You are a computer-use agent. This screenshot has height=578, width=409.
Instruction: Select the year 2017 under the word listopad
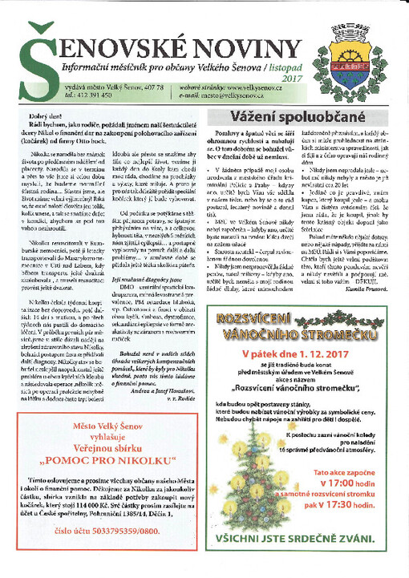pyautogui.click(x=290, y=79)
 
